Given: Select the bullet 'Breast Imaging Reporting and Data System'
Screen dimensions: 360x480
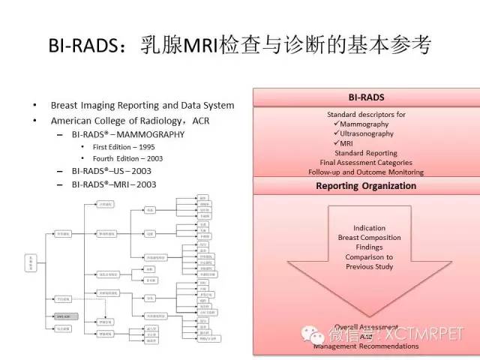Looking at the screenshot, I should [x=142, y=106].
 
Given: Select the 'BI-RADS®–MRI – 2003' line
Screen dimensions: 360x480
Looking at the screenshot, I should [x=121, y=184].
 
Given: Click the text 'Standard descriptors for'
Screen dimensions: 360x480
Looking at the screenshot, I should [x=366, y=115].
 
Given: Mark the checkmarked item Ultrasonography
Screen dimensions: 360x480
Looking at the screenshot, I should [x=369, y=133].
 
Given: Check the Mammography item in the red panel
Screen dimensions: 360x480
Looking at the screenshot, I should [x=366, y=124].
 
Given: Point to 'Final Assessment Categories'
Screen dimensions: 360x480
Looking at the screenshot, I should [x=366, y=162].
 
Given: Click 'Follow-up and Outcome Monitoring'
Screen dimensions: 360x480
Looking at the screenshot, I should [x=366, y=172].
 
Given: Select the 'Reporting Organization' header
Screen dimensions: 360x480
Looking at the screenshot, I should [x=366, y=186].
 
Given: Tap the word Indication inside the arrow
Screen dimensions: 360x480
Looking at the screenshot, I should [x=369, y=228].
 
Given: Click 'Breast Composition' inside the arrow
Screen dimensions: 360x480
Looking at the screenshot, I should [x=369, y=238].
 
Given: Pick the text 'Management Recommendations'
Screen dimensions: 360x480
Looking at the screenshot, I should [x=366, y=346].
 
